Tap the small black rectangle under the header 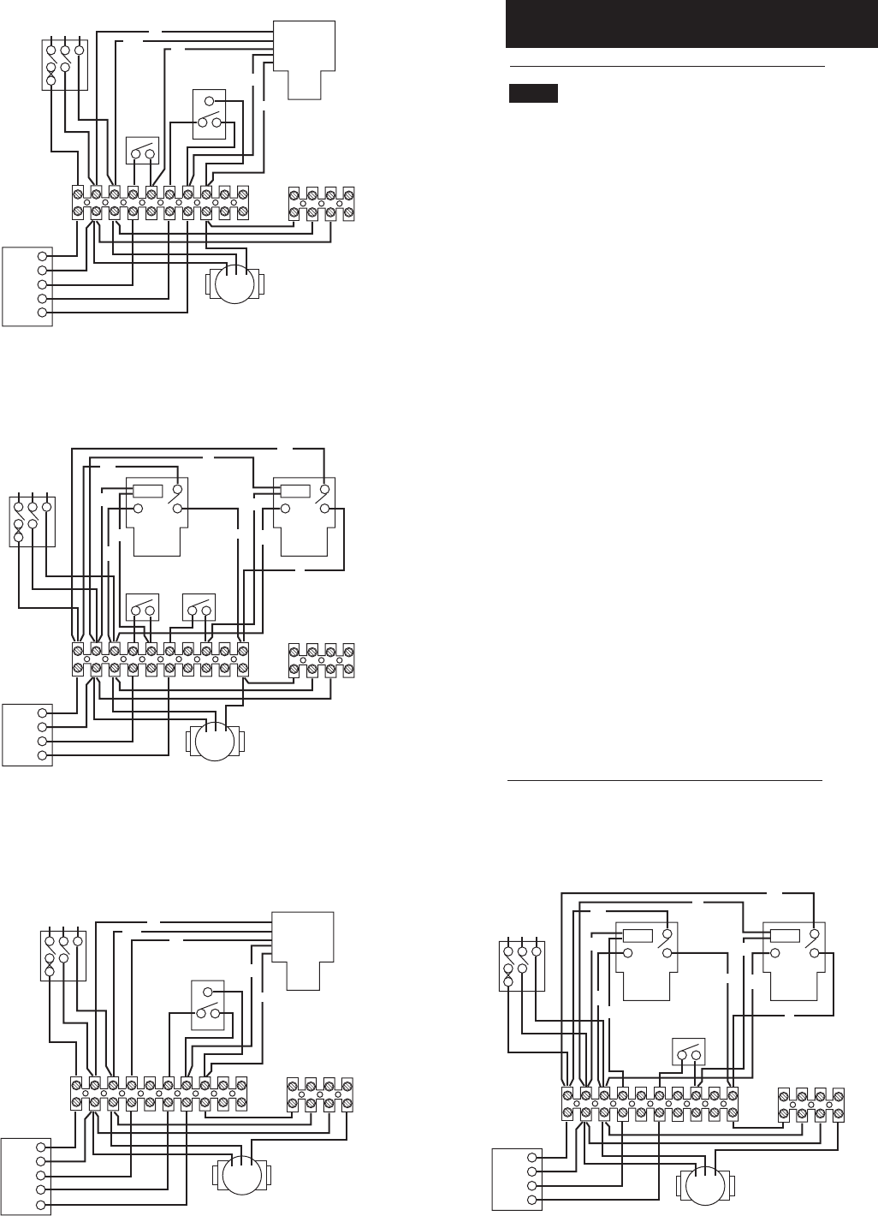(532, 93)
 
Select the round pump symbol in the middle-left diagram (214, 742)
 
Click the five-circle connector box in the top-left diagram (28, 285)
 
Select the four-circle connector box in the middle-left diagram (28, 734)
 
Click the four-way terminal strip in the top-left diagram (321, 203)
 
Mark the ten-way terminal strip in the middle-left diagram (160, 659)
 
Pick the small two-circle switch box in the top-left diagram (142, 151)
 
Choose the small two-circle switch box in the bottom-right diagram (689, 1051)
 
